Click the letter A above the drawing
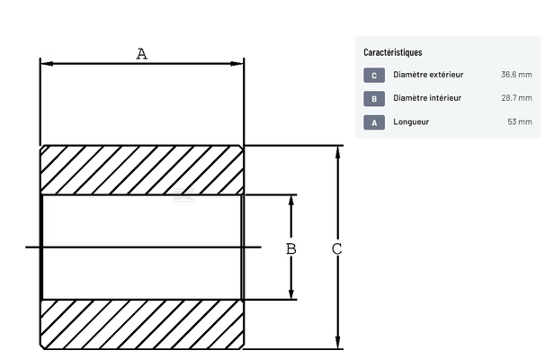tap(141, 54)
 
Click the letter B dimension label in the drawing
tap(290, 247)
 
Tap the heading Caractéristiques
tap(393, 52)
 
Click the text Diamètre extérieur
tap(428, 75)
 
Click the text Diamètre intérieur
tap(427, 98)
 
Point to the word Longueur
tap(411, 121)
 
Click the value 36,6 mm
tap(516, 75)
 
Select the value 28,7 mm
tap(516, 98)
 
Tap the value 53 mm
tap(520, 121)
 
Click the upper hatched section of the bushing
tap(141, 170)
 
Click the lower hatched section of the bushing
tap(141, 324)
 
